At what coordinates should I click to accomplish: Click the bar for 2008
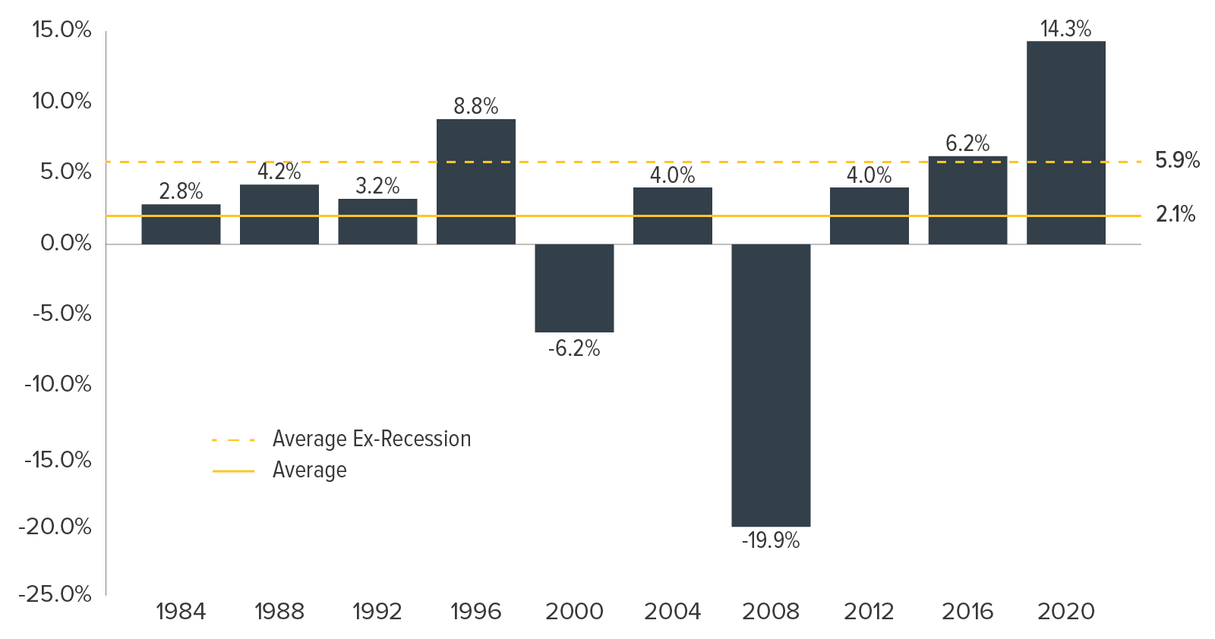click(x=771, y=386)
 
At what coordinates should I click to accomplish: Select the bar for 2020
click(x=1066, y=143)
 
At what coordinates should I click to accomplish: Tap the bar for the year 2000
click(x=574, y=288)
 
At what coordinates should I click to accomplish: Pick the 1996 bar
click(x=475, y=181)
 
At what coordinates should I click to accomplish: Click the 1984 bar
click(x=181, y=225)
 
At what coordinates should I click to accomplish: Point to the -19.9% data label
click(x=771, y=541)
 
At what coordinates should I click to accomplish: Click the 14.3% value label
click(x=1066, y=29)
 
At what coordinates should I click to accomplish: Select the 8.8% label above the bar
click(x=475, y=106)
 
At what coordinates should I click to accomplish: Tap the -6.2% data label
click(x=574, y=348)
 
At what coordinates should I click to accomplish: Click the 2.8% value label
click(x=181, y=191)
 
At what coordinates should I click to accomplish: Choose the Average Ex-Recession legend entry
click(x=342, y=439)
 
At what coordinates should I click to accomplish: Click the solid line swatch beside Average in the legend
click(x=233, y=471)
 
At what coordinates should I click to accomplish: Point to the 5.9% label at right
click(x=1177, y=160)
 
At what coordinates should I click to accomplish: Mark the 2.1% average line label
click(x=1176, y=215)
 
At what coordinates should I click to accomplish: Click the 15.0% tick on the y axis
click(x=62, y=30)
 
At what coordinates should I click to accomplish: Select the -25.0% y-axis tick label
click(x=55, y=594)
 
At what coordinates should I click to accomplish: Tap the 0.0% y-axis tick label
click(x=65, y=244)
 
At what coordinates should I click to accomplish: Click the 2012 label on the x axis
click(x=869, y=612)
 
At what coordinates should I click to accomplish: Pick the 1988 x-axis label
click(x=279, y=612)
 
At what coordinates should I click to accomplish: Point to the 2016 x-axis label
click(x=967, y=612)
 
